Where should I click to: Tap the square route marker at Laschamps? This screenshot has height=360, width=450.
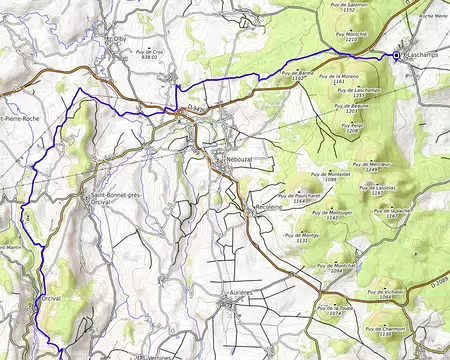[x=396, y=56]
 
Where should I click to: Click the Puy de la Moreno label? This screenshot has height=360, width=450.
[x=338, y=76]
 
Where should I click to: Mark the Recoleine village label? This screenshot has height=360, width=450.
[x=259, y=211]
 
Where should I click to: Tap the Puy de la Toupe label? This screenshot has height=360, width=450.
[x=335, y=308]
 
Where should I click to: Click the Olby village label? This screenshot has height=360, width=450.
[x=115, y=41]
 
